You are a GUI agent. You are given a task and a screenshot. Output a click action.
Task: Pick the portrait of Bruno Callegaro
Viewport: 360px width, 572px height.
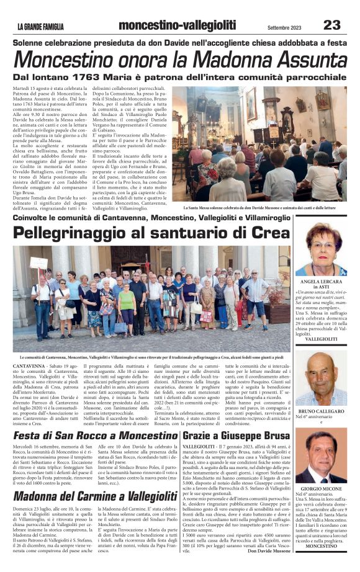(x=320, y=378)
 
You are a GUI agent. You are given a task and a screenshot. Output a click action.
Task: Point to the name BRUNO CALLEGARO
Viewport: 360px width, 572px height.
(x=321, y=412)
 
